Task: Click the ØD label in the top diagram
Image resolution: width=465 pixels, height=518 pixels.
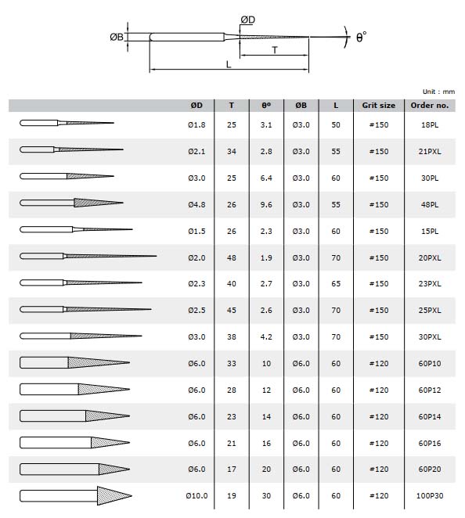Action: click(x=248, y=20)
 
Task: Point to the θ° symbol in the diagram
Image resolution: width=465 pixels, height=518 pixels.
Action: click(x=361, y=37)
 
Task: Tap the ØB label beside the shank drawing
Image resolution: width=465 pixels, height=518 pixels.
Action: click(x=117, y=37)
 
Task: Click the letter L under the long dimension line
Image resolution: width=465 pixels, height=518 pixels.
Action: click(x=229, y=64)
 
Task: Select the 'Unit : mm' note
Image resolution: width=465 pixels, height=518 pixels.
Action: click(x=438, y=92)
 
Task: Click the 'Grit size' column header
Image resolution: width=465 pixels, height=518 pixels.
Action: click(x=378, y=106)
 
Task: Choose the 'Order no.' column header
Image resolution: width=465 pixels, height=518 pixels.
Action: click(x=430, y=106)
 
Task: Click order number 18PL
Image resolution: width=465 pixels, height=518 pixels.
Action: click(x=430, y=125)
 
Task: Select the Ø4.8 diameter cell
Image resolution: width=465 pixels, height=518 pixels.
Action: click(x=196, y=205)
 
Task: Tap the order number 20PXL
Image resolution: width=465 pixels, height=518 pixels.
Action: click(x=430, y=258)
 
